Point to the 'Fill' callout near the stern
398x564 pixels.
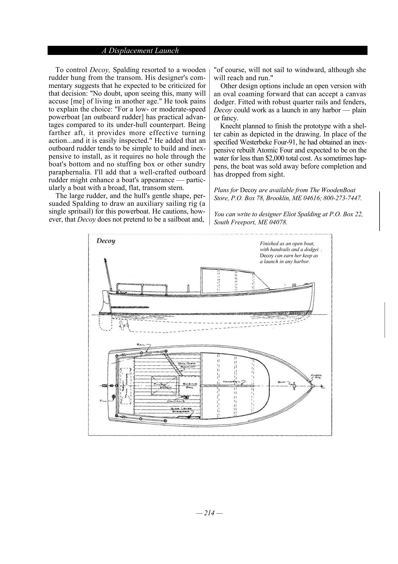click(103, 401)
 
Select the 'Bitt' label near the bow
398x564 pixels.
click(282, 382)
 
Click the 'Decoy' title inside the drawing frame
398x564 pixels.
click(106, 241)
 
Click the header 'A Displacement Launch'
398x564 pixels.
click(140, 51)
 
